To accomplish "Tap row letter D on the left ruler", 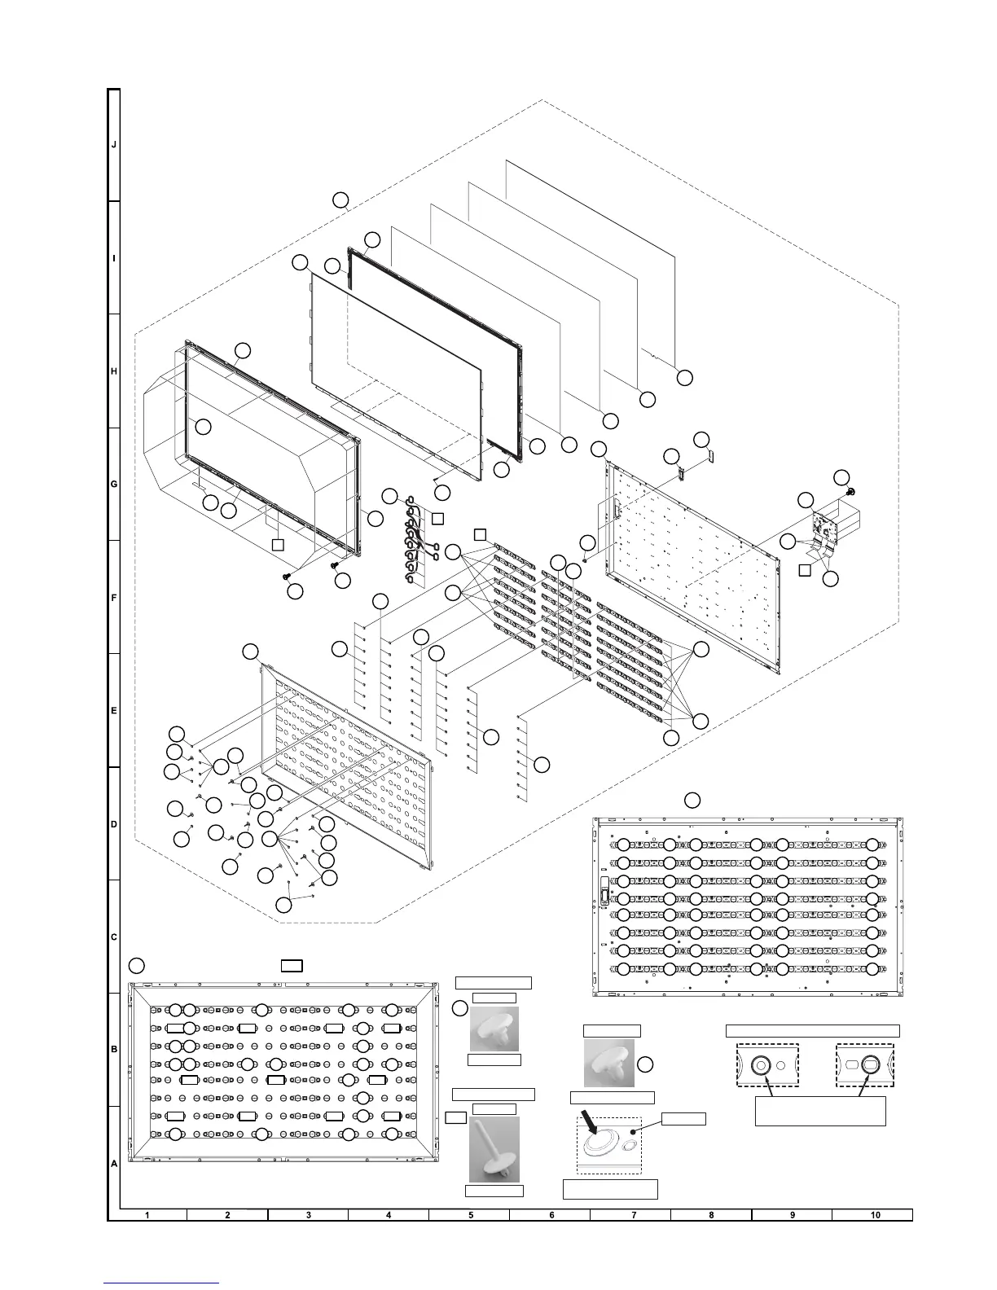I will click(x=114, y=824).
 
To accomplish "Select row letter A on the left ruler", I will click(x=114, y=1164).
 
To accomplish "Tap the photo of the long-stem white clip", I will click(x=494, y=1149).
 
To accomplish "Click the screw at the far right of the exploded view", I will click(x=851, y=492).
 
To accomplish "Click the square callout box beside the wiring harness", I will click(x=438, y=518).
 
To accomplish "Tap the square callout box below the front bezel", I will click(x=278, y=544).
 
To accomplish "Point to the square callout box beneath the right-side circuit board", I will click(x=804, y=569).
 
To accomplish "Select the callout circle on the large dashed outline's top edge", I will click(x=342, y=200).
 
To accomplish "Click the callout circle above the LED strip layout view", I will click(x=692, y=799).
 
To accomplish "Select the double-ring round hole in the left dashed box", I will click(x=762, y=1064).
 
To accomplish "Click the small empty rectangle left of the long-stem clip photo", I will click(x=455, y=1117).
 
